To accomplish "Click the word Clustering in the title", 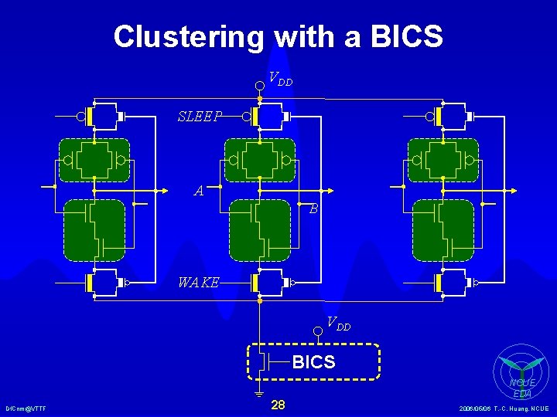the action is tap(189, 36).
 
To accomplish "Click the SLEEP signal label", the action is tap(200, 117).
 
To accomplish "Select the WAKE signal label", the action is tap(198, 283).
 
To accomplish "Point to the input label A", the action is tap(199, 191).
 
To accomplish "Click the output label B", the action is tap(313, 208).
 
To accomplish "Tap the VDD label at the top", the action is tap(280, 78).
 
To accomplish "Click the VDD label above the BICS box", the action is tap(338, 324).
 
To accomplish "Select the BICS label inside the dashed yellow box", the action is tap(313, 361).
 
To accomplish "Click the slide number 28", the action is tap(278, 405).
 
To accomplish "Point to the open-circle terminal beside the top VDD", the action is tap(260, 80).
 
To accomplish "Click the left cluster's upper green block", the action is tap(94, 159).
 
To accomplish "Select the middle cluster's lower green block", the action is tap(260, 229).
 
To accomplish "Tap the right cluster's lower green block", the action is tap(443, 229).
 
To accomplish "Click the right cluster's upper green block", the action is tap(443, 159).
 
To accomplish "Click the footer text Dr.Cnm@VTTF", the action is tap(26, 409).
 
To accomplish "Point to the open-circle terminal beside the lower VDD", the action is tap(317, 331).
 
